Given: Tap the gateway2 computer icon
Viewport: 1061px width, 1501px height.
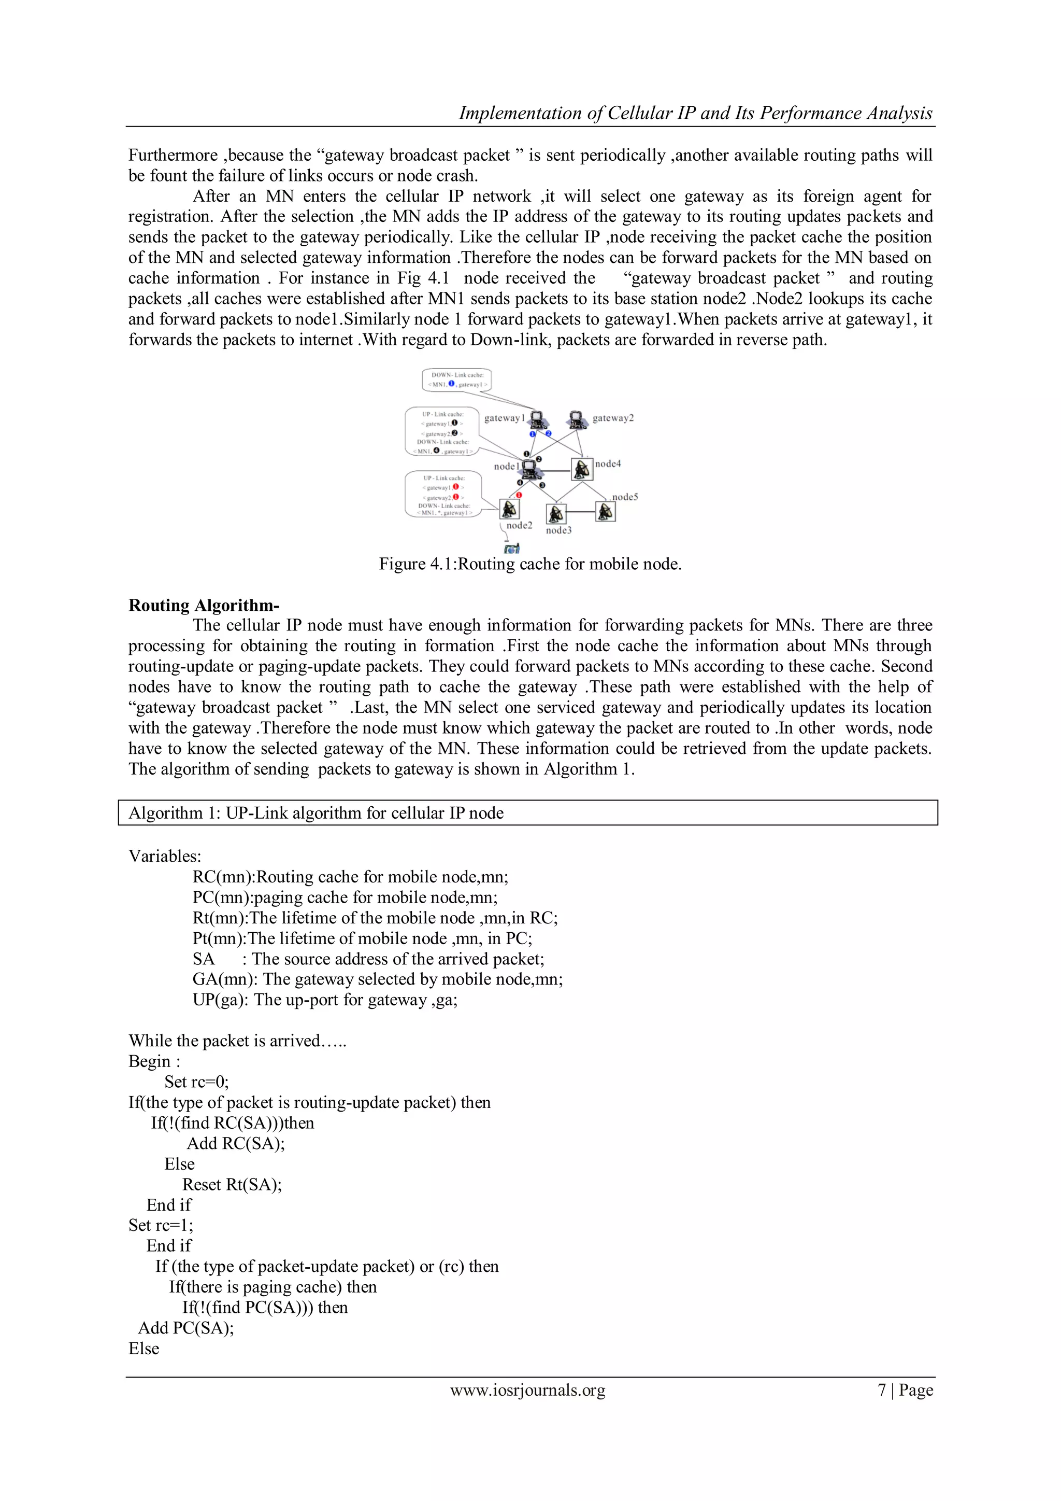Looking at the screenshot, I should click(576, 419).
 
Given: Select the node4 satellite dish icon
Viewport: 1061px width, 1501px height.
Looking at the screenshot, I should click(581, 469).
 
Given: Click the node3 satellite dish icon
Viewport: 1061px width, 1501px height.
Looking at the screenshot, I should click(555, 514).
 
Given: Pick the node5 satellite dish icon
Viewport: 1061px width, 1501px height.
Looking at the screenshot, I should click(606, 511).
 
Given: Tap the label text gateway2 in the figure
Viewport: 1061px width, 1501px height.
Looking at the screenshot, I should click(613, 418).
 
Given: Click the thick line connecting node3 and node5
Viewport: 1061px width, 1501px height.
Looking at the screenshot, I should click(580, 512).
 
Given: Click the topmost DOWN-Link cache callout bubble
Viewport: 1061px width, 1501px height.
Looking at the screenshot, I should click(456, 380).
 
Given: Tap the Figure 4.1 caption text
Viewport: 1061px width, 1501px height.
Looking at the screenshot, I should click(530, 564).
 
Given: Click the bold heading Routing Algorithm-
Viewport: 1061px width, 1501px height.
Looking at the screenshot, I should click(204, 605).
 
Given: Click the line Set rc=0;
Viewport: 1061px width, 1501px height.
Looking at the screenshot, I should click(197, 1082).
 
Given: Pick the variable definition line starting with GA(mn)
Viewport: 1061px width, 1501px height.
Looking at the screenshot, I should click(378, 979).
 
